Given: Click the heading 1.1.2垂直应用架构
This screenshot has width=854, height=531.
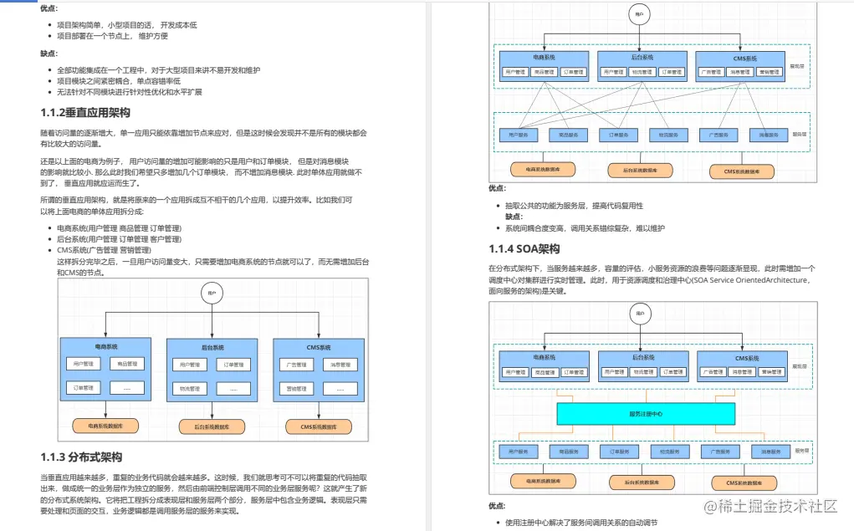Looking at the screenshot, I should click(x=85, y=113).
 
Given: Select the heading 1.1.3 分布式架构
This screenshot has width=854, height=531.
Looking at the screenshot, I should click(x=81, y=457).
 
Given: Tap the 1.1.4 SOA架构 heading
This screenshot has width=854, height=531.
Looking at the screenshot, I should click(x=524, y=248).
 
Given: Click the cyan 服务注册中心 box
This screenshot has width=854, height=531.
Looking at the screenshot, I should click(x=646, y=413).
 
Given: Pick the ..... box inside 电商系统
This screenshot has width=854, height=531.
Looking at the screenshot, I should click(x=127, y=387).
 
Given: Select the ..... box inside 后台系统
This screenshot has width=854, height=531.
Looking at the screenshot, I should click(x=233, y=388).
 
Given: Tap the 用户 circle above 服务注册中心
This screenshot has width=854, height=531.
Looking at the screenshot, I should click(x=640, y=313).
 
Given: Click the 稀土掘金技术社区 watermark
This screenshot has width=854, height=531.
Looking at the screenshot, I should click(x=770, y=507).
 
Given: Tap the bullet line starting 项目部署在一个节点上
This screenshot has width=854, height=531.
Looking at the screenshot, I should click(x=112, y=36).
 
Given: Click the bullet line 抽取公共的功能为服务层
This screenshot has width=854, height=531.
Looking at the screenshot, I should click(x=574, y=206).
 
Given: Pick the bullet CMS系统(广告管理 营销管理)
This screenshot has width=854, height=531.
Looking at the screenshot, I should click(x=104, y=249).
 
